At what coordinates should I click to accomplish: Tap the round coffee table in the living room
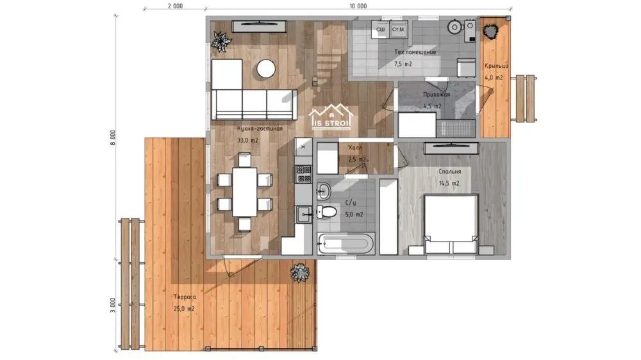coord(266,69)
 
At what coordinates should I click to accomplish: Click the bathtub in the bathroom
coord(345,243)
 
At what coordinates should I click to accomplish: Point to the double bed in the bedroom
coord(451,224)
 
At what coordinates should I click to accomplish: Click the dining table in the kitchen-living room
coord(244,192)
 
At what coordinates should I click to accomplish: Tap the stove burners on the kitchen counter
coord(304,174)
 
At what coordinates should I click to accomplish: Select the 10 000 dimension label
coord(358,6)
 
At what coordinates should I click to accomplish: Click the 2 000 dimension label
coord(175,6)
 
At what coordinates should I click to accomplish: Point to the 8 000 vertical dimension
coord(113,138)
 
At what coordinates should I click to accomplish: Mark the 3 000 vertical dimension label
coord(113,306)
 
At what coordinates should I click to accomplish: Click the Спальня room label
coord(450,172)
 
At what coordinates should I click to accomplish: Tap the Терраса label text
coord(185,297)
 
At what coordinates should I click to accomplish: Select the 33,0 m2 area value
coord(247,140)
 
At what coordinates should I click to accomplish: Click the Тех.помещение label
coord(415,53)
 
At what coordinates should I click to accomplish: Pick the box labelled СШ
coord(381,29)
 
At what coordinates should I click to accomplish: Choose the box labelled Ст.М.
coord(399,29)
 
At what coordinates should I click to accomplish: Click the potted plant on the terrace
coord(299,272)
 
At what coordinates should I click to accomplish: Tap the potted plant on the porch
coord(490,31)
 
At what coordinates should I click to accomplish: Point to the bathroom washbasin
coord(324,191)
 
